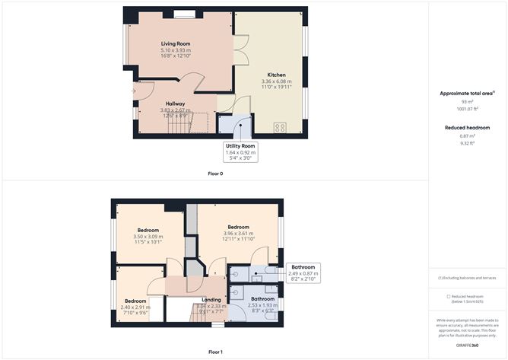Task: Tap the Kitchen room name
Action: point(276,75)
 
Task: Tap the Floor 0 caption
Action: point(215,174)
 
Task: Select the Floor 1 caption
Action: point(215,352)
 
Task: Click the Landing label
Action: point(211,300)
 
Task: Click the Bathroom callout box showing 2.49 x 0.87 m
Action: point(302,273)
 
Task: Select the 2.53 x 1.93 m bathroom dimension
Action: point(262,305)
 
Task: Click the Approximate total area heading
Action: point(467,93)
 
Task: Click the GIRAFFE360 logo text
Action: point(467,345)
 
